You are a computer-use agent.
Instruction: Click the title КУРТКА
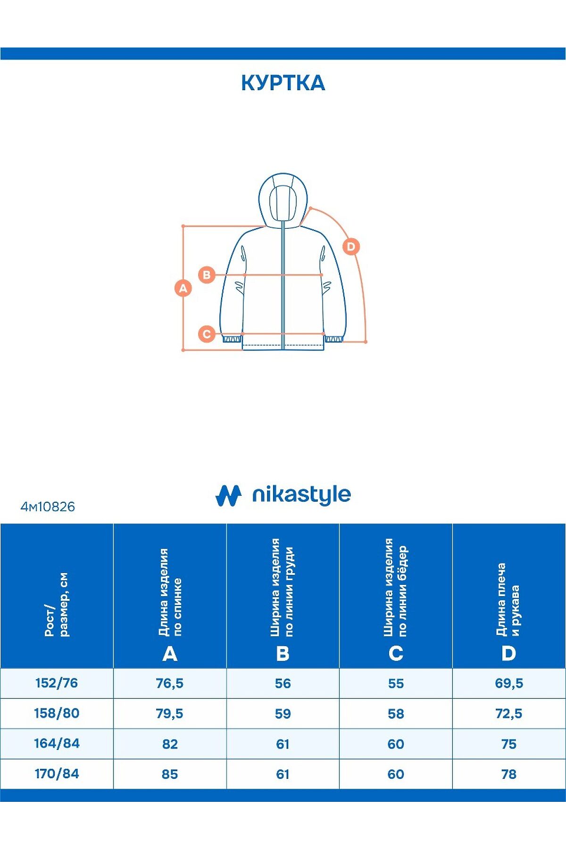[x=283, y=83]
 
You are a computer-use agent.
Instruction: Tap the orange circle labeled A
[x=183, y=288]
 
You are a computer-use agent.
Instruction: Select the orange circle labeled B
[x=207, y=275]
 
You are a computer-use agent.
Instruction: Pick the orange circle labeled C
[x=207, y=334]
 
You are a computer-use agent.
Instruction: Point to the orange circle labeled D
[x=351, y=246]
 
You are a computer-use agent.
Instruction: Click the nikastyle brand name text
[x=301, y=495]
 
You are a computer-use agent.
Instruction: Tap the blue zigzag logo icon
[x=228, y=495]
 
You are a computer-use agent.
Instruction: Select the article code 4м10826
[x=48, y=507]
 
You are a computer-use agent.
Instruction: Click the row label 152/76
[x=57, y=683]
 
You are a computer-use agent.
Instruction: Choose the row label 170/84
[x=57, y=774]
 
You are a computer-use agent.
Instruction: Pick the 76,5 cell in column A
[x=170, y=683]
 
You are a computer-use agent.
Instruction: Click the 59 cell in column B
[x=283, y=714]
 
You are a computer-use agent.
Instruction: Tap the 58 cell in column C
[x=396, y=714]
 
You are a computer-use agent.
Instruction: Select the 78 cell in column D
[x=509, y=774]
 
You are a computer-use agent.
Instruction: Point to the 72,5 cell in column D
[x=509, y=714]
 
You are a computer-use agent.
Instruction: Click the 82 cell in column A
[x=170, y=744]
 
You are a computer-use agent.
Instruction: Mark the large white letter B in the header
[x=283, y=654]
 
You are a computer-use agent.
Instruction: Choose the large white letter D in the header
[x=508, y=654]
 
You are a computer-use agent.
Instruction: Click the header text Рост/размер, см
[x=57, y=605]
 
